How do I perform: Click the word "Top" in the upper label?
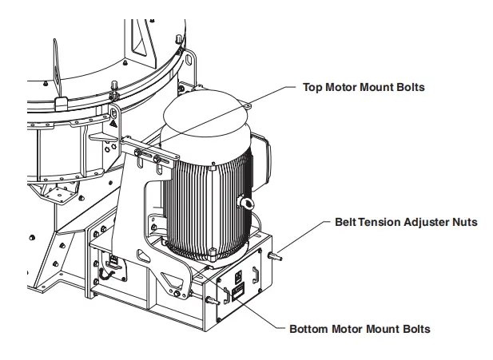point(312,87)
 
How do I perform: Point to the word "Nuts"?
point(467,221)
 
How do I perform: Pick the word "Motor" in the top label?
point(343,87)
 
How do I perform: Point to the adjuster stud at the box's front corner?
point(212,301)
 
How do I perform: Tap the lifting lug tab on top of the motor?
point(245,103)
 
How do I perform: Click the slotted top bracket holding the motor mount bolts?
point(152,155)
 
